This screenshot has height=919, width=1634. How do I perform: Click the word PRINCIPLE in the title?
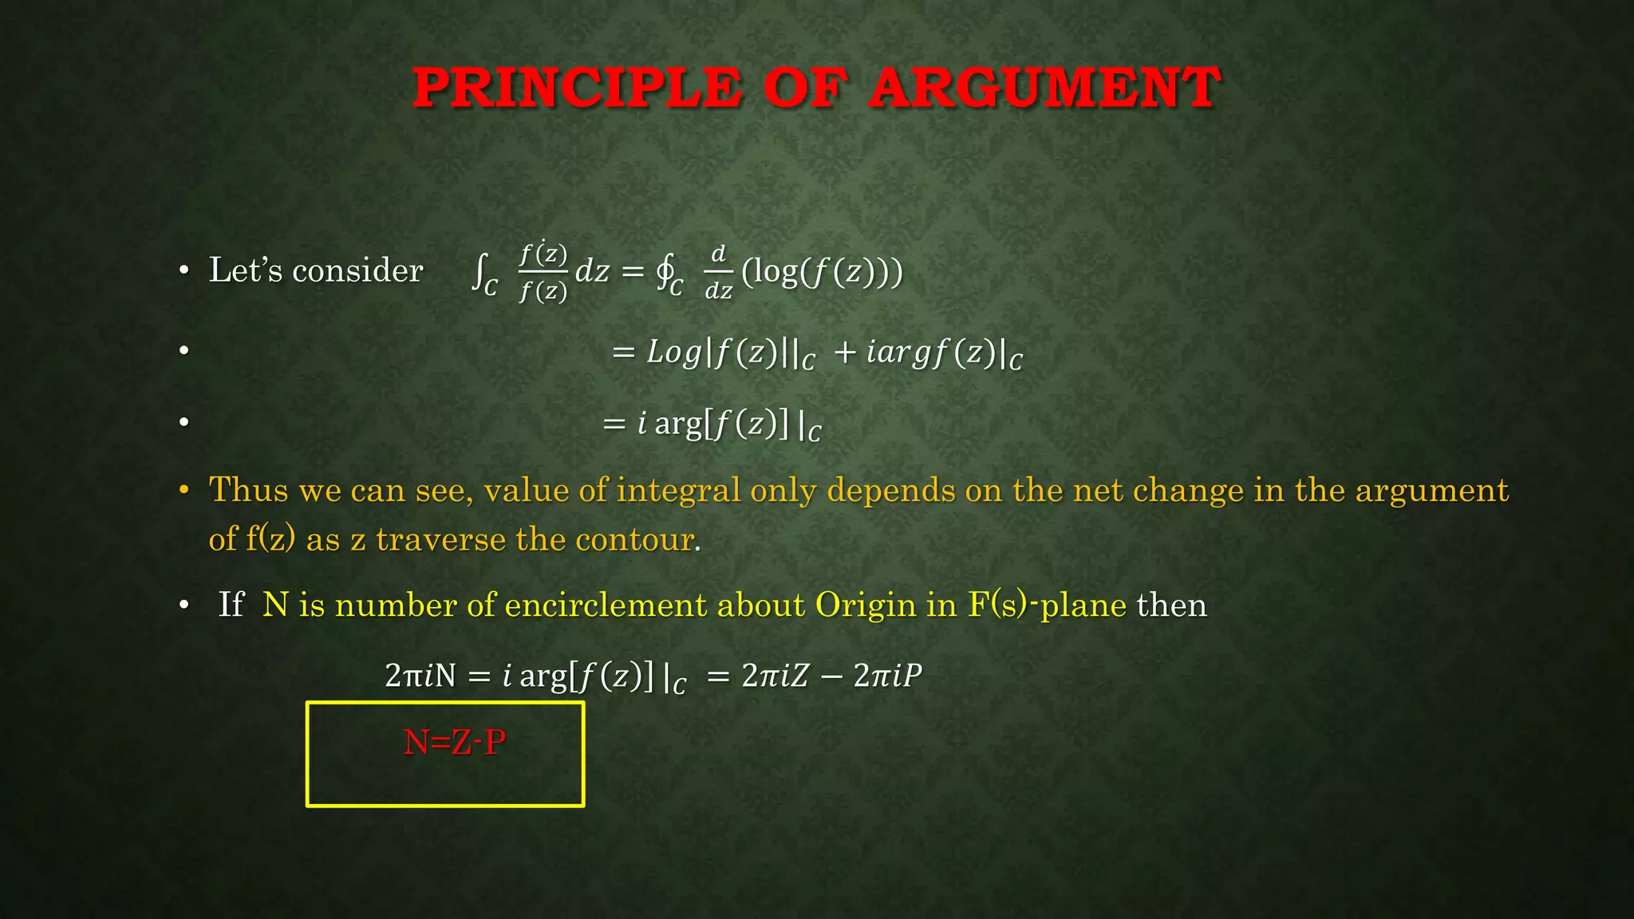pyautogui.click(x=578, y=88)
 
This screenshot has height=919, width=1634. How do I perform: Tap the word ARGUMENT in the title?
pyautogui.click(x=1045, y=88)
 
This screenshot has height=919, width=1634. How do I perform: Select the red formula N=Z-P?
pyautogui.click(x=455, y=743)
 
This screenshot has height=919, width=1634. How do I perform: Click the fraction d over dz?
pyautogui.click(x=718, y=272)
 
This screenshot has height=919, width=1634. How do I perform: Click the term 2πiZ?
pyautogui.click(x=775, y=676)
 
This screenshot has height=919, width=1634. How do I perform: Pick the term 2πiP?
pyautogui.click(x=887, y=676)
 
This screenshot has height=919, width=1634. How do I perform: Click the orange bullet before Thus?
pyautogui.click(x=184, y=489)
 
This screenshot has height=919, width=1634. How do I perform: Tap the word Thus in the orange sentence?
pyautogui.click(x=248, y=490)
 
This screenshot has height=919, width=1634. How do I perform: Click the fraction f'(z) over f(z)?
pyautogui.click(x=543, y=272)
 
